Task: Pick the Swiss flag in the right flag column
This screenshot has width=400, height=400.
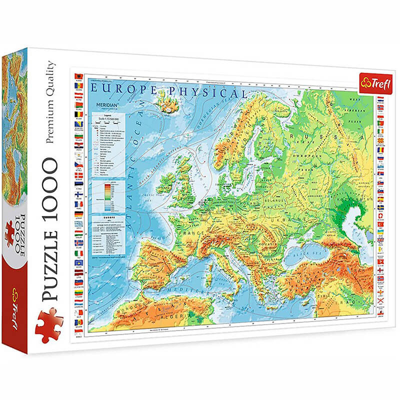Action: (x=380, y=216)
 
